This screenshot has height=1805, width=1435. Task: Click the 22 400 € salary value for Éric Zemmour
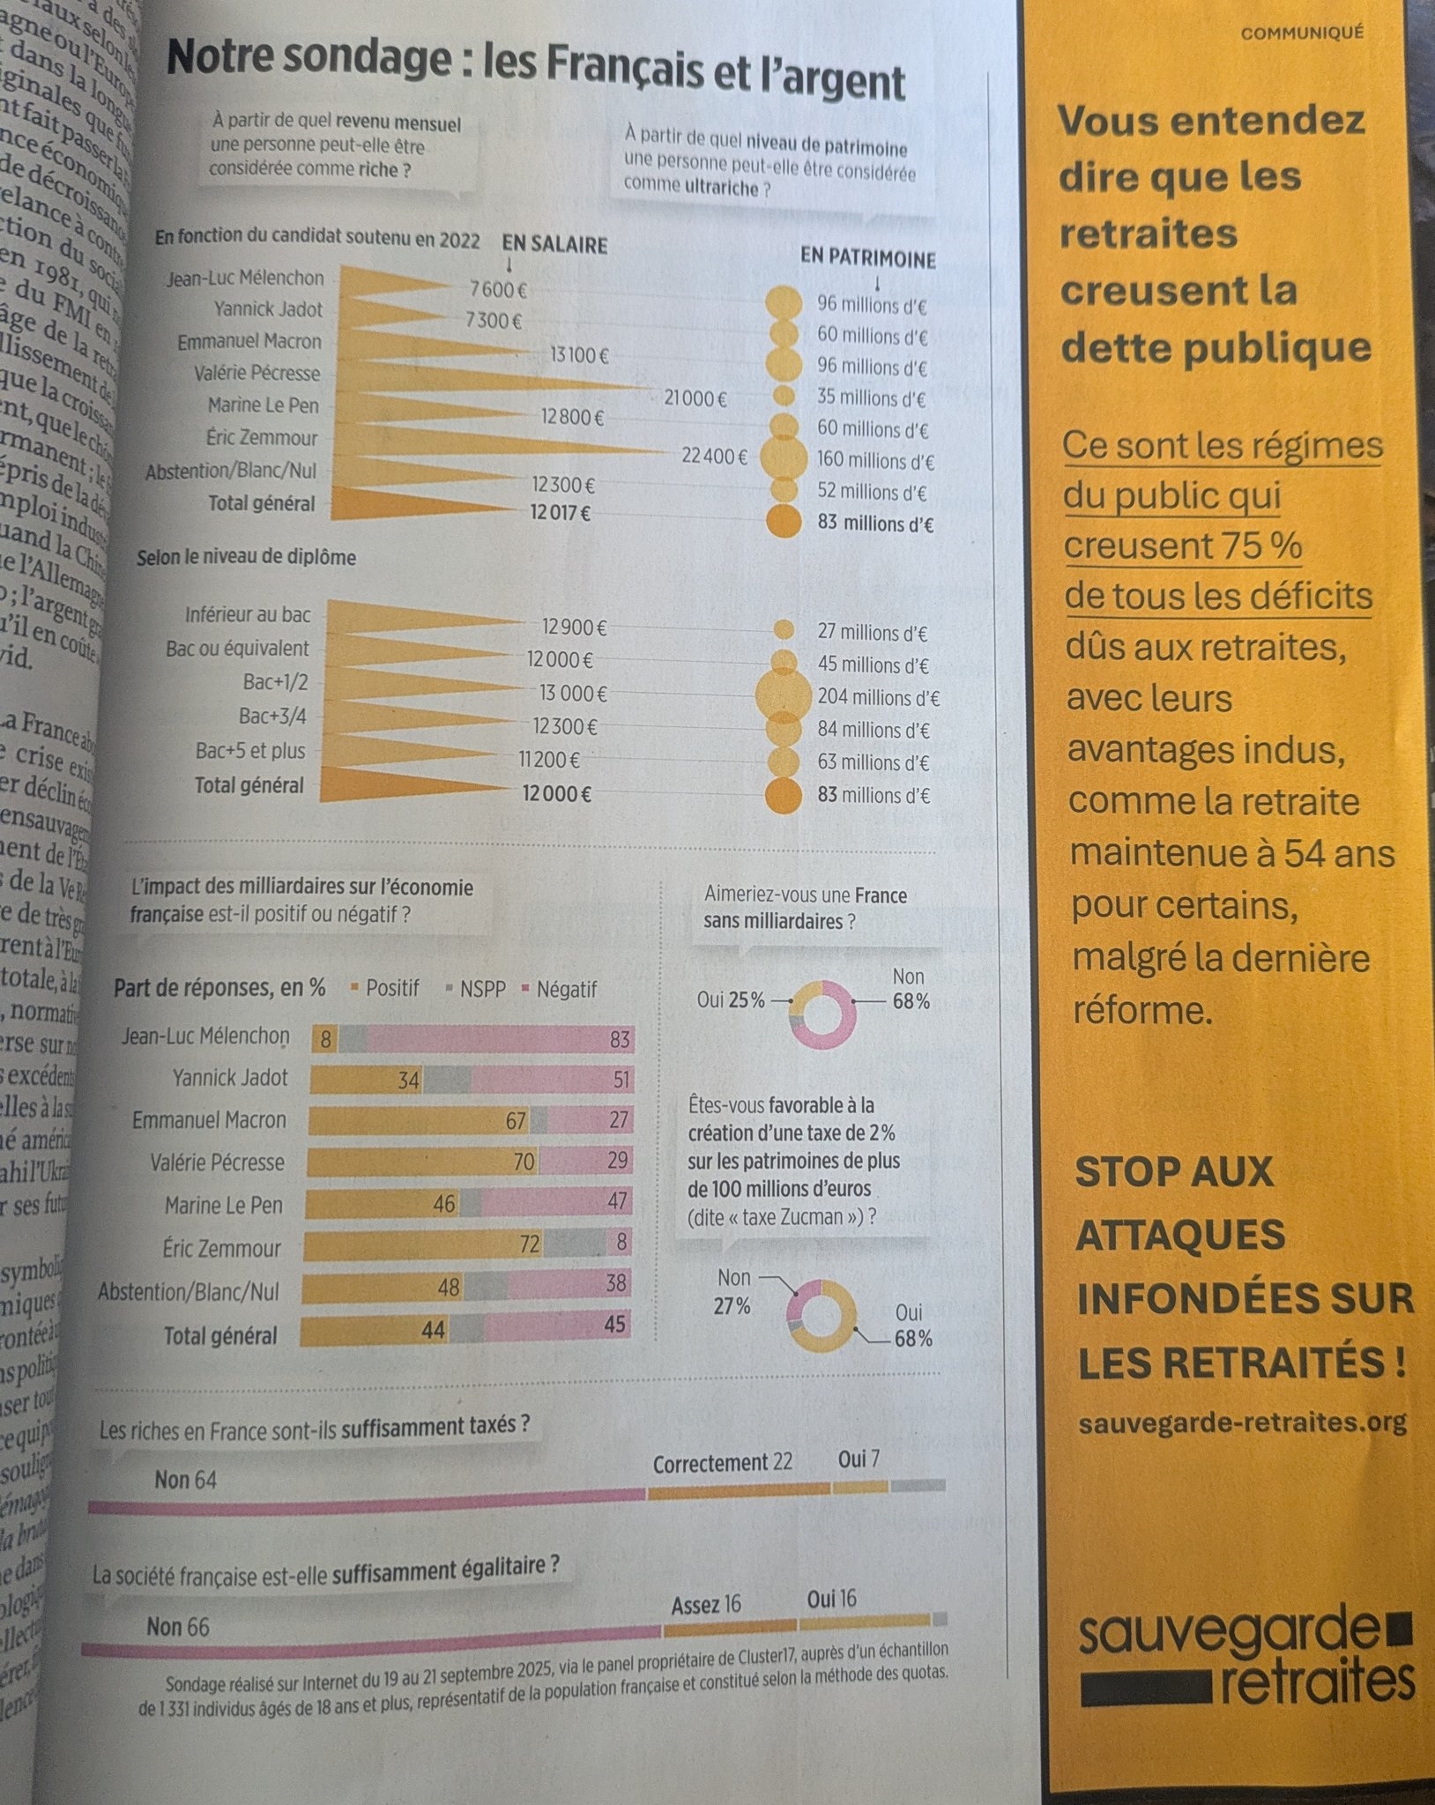pyautogui.click(x=714, y=457)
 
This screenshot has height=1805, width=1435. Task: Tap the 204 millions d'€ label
pyautogui.click(x=878, y=697)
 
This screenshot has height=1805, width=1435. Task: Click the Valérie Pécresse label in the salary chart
pyautogui.click(x=257, y=374)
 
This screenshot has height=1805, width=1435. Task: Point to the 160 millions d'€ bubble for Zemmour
pyautogui.click(x=782, y=457)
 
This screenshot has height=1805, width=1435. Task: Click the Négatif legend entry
pyautogui.click(x=565, y=990)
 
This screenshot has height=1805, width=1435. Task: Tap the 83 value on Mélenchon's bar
pyautogui.click(x=620, y=1040)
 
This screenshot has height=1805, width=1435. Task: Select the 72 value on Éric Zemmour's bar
pyautogui.click(x=529, y=1244)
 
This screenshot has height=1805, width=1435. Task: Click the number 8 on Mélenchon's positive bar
pyautogui.click(x=325, y=1040)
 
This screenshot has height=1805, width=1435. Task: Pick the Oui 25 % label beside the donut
pyautogui.click(x=731, y=1000)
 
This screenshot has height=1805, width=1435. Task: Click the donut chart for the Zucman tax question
pyautogui.click(x=821, y=1316)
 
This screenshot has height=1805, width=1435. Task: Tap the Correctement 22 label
pyautogui.click(x=722, y=1463)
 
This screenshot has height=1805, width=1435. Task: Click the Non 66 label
pyautogui.click(x=178, y=1626)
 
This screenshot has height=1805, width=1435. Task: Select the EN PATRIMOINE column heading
pyautogui.click(x=867, y=258)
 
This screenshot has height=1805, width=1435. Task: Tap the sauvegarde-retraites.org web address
pyautogui.click(x=1242, y=1422)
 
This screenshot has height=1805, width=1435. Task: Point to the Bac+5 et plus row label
pyautogui.click(x=250, y=751)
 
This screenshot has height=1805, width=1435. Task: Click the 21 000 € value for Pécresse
pyautogui.click(x=695, y=398)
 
